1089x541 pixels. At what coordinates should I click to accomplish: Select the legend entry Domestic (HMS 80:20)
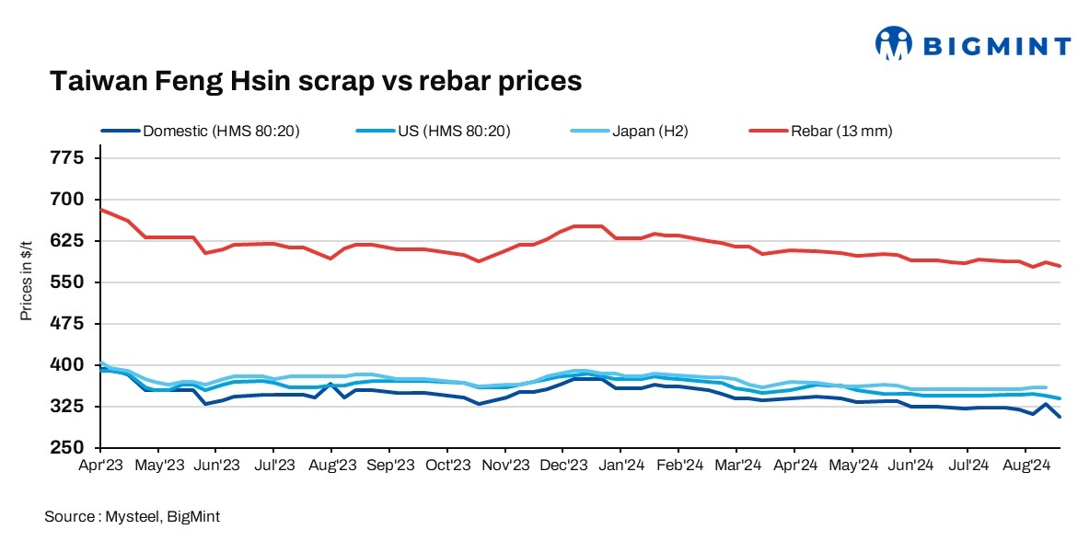coord(221,131)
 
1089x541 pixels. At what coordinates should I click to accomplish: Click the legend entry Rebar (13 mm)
coord(841,131)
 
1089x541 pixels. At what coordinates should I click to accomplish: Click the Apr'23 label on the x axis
coord(100,466)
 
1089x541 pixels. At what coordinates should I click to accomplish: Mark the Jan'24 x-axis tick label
coord(621,466)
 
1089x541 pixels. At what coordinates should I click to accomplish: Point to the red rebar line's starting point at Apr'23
coord(100,210)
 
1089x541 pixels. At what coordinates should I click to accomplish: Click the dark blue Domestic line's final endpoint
coord(1060,417)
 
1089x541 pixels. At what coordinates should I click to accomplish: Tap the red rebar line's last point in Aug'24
coord(1060,266)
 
